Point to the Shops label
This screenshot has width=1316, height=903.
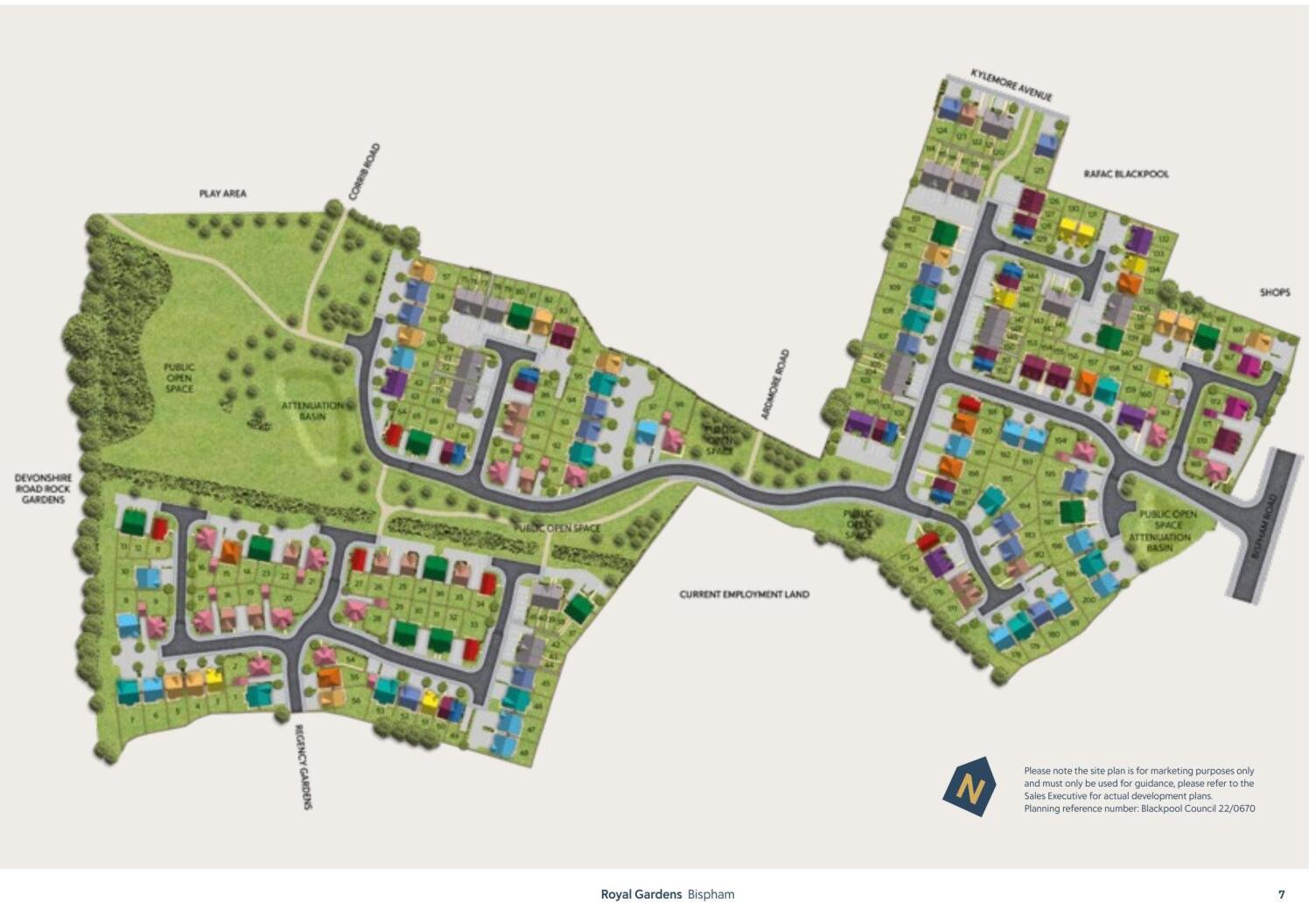point(1275,292)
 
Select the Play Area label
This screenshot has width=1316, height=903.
point(222,193)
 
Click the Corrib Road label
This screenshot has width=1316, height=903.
point(364,172)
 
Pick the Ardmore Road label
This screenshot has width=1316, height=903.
point(775,384)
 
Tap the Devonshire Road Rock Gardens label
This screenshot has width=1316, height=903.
point(43,489)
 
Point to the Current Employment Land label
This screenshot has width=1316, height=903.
point(745,594)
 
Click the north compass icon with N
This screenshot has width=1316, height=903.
point(969,787)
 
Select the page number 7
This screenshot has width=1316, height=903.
point(1282,894)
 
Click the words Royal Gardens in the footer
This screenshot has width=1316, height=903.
point(640,894)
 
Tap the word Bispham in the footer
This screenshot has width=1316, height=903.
point(711,894)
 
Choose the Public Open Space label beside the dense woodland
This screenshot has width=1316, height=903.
point(179,378)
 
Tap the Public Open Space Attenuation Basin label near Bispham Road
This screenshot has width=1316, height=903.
point(1167,531)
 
